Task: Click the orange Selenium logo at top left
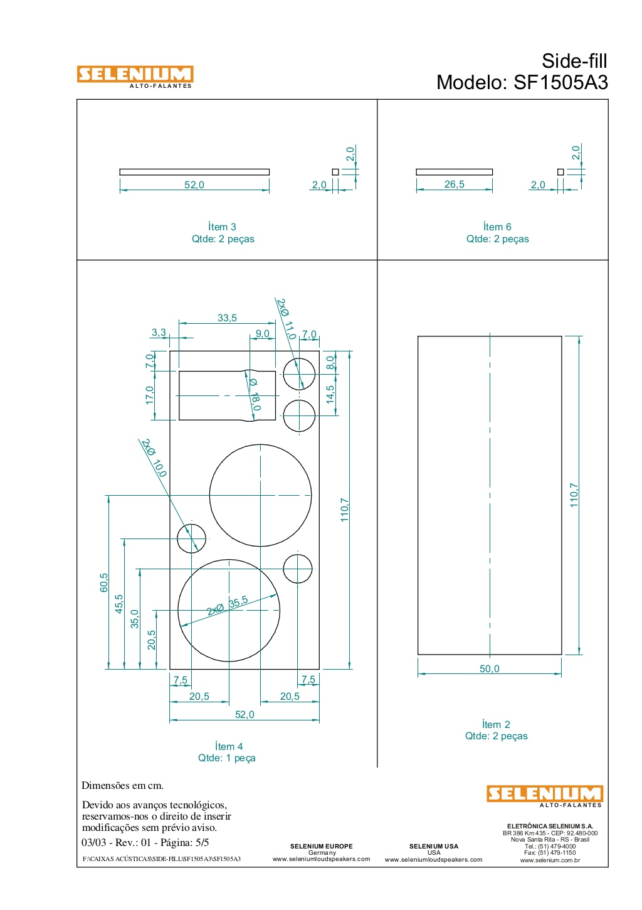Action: [135, 77]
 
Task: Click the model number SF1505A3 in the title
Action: [561, 82]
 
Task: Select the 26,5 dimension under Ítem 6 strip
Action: [454, 184]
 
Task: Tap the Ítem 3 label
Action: [222, 227]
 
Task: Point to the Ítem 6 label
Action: [497, 227]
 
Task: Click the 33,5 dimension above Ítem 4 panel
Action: [227, 318]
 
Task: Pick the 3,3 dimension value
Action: [159, 333]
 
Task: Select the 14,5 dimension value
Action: [330, 394]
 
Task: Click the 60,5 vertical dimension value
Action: [104, 582]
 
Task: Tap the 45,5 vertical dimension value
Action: [119, 604]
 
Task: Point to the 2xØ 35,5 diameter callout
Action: [227, 606]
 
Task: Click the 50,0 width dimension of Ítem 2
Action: [490, 668]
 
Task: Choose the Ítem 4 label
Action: [229, 746]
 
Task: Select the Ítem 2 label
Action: [496, 724]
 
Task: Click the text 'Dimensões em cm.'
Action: [122, 785]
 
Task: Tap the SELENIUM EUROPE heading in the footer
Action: [322, 846]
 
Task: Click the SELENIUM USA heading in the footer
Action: [434, 846]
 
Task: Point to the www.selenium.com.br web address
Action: [550, 860]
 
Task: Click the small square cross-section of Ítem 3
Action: [335, 172]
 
